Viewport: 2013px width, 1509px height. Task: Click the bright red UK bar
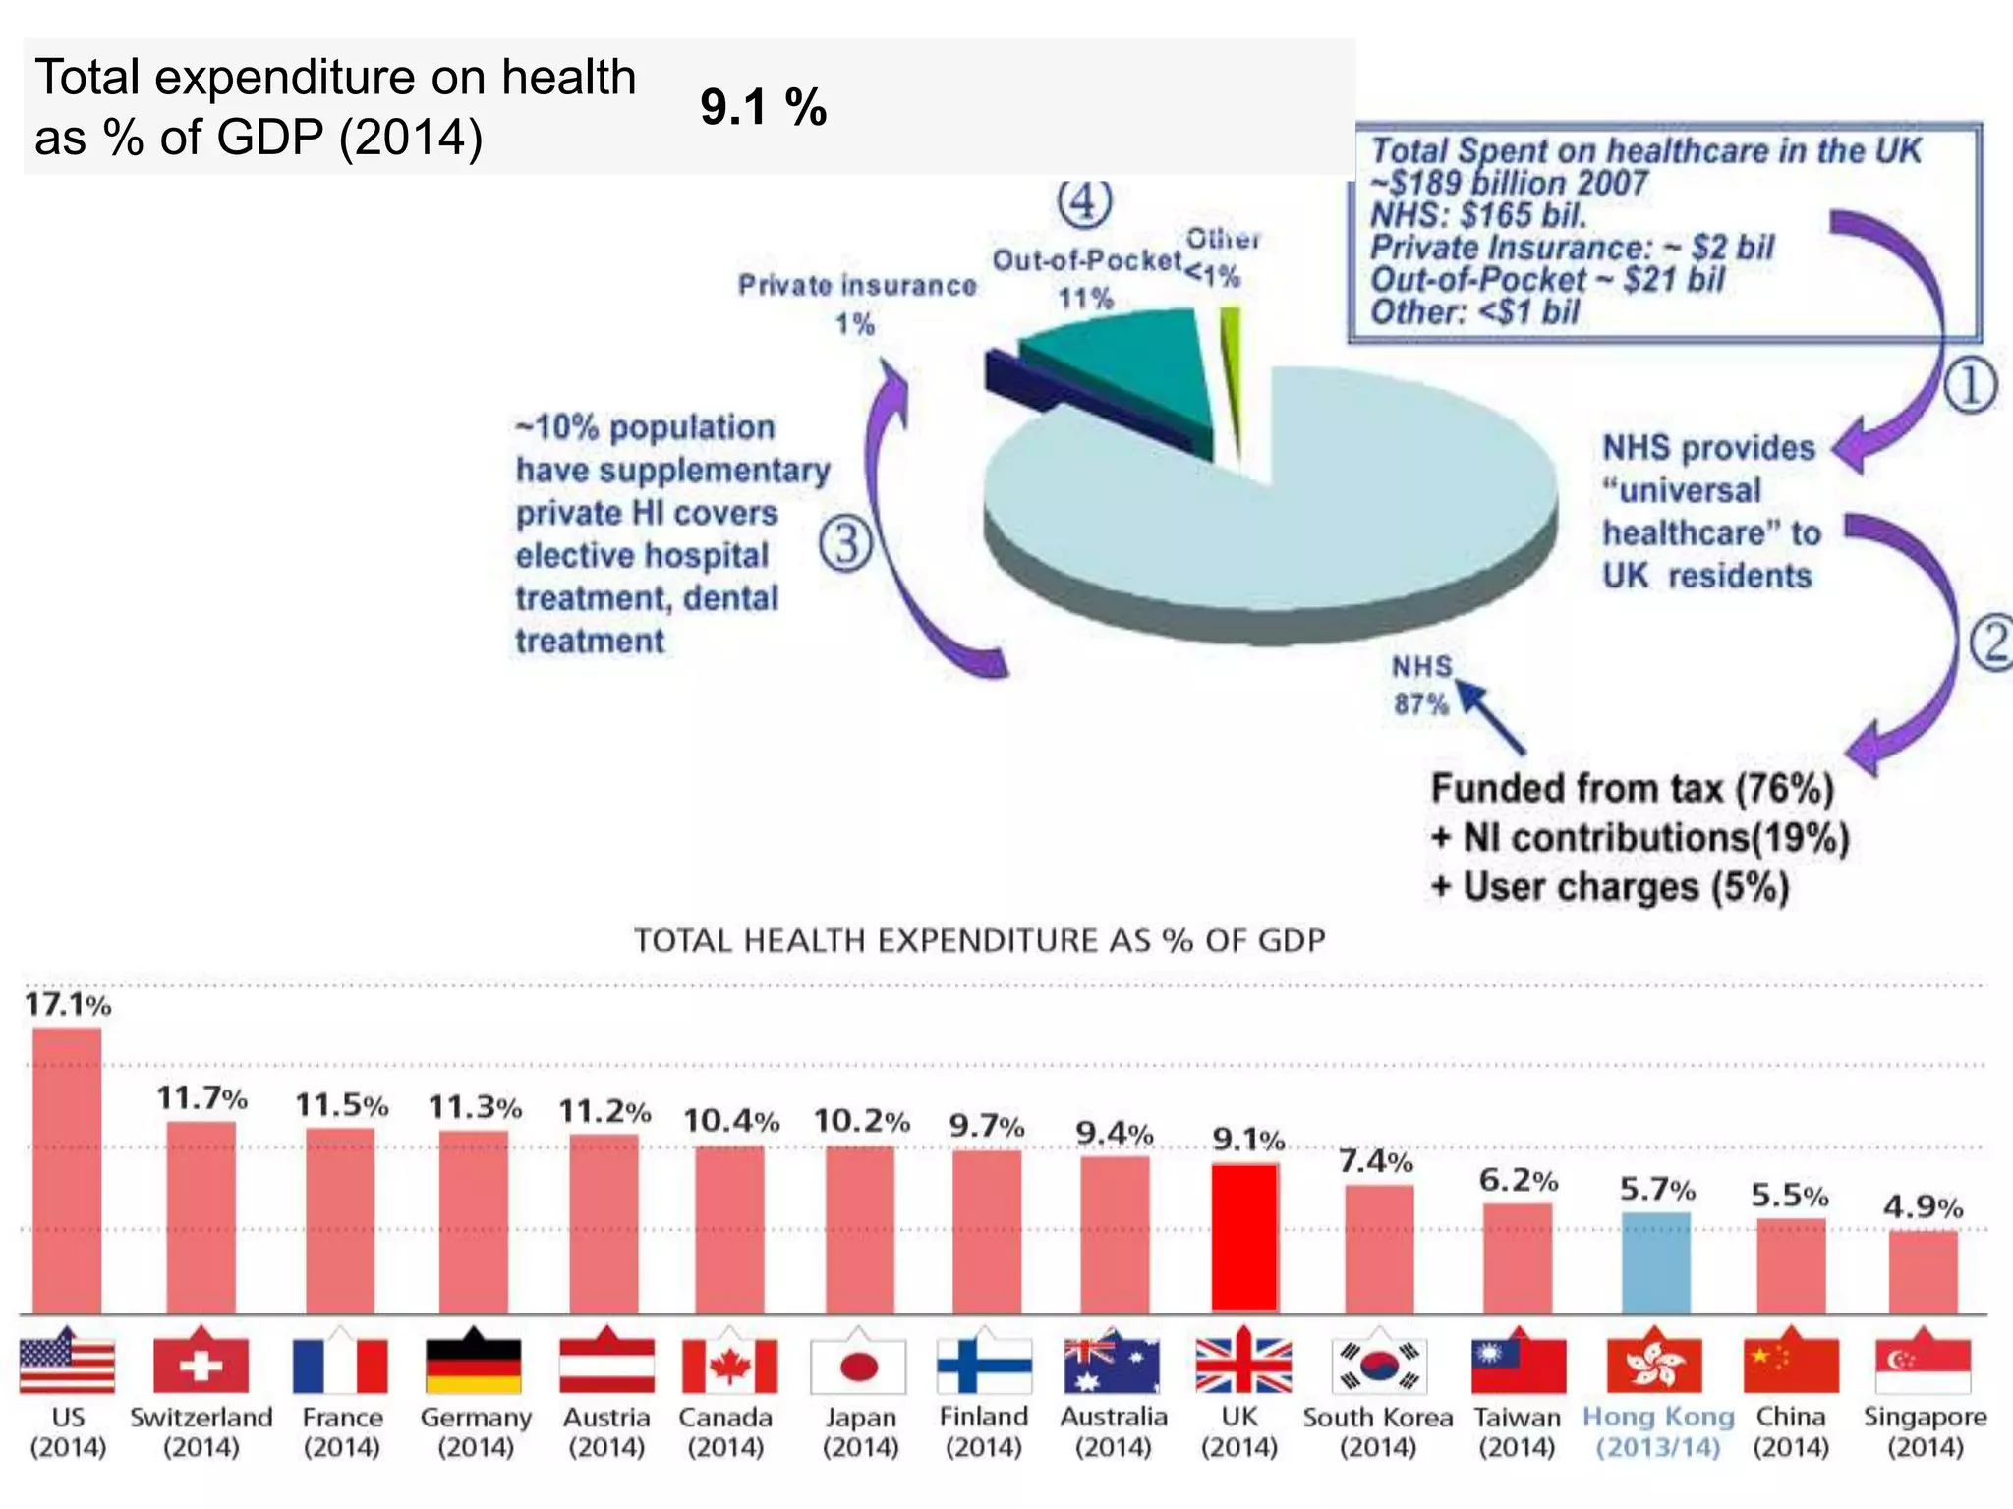1244,1238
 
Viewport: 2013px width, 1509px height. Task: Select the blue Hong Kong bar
1656,1262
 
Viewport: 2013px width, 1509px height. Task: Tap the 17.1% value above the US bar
67,1004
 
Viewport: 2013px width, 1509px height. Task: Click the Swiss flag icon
201,1366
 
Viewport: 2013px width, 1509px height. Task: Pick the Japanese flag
859,1366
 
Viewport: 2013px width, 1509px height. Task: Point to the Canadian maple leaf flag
729,1366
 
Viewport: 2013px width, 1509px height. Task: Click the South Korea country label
1377,1418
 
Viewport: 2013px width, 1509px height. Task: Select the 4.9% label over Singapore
1923,1206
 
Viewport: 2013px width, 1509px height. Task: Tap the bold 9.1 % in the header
763,107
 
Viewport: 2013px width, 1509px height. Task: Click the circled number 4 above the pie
1084,201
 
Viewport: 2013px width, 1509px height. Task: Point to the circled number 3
845,543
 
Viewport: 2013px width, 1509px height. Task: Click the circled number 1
1970,385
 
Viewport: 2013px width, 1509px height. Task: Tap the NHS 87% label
1421,685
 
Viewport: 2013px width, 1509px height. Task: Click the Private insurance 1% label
857,304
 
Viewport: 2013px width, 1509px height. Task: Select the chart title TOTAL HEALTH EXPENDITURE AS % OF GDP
979,940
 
